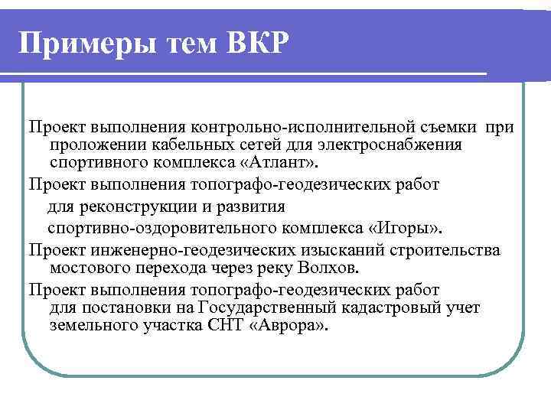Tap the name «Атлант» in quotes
287,163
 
